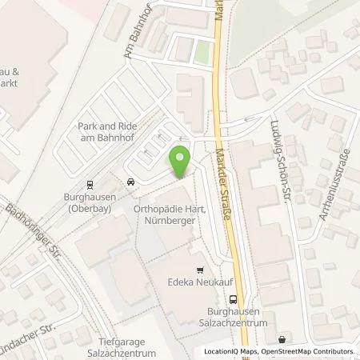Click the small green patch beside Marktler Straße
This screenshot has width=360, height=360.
click(203, 52)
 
